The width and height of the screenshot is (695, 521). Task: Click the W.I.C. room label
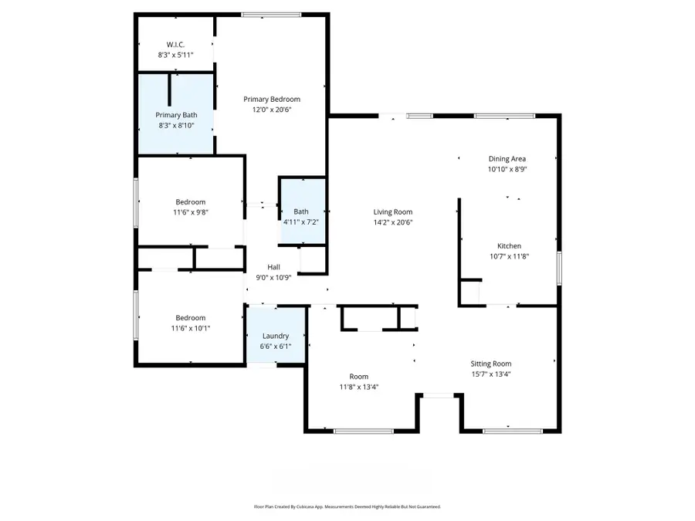pyautogui.click(x=175, y=45)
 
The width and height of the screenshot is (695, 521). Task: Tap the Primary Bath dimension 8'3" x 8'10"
pyautogui.click(x=175, y=124)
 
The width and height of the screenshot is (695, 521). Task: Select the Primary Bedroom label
pyautogui.click(x=272, y=99)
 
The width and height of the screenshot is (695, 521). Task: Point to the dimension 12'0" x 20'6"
pyautogui.click(x=272, y=110)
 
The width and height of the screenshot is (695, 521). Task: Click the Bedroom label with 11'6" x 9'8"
pyautogui.click(x=190, y=202)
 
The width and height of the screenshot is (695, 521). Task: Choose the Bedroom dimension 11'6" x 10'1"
pyautogui.click(x=190, y=328)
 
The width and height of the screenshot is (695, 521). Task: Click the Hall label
pyautogui.click(x=274, y=267)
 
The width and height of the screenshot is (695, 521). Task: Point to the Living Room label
pyautogui.click(x=393, y=212)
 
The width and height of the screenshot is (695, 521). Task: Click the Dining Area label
pyautogui.click(x=507, y=159)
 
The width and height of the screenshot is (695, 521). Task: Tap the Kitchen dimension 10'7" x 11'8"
pyautogui.click(x=508, y=257)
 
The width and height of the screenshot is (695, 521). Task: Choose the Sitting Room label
pyautogui.click(x=491, y=364)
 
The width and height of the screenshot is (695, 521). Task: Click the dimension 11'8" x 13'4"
pyautogui.click(x=358, y=387)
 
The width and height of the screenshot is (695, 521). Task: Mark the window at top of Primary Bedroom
pyautogui.click(x=271, y=14)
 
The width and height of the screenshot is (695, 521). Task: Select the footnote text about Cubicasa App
pyautogui.click(x=347, y=507)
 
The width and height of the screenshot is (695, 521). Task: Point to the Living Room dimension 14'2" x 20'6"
pyautogui.click(x=393, y=222)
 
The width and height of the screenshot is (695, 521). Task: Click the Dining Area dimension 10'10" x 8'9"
pyautogui.click(x=507, y=169)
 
